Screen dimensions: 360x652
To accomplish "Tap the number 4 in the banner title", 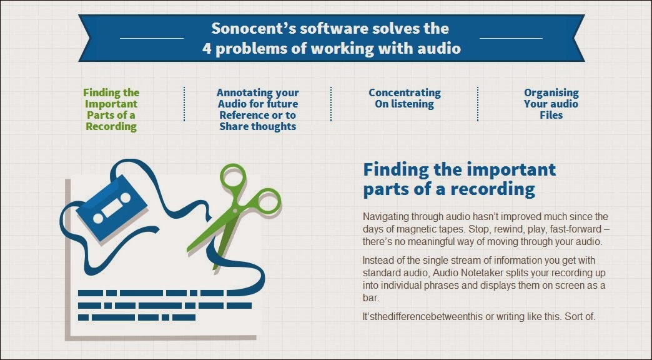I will tap(208, 49).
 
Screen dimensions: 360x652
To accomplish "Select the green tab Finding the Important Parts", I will tap(111, 109).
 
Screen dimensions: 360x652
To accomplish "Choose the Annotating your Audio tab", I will tap(257, 109).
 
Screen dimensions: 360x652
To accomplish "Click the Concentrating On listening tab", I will tap(404, 98).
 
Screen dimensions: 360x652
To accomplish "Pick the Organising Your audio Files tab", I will tap(551, 104).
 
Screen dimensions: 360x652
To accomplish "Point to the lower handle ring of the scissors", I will tap(265, 202).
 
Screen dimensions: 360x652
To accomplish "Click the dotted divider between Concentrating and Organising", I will tap(478, 104).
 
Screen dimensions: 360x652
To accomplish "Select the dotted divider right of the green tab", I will tap(184, 104).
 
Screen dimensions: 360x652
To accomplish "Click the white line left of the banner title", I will tap(151, 38).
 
